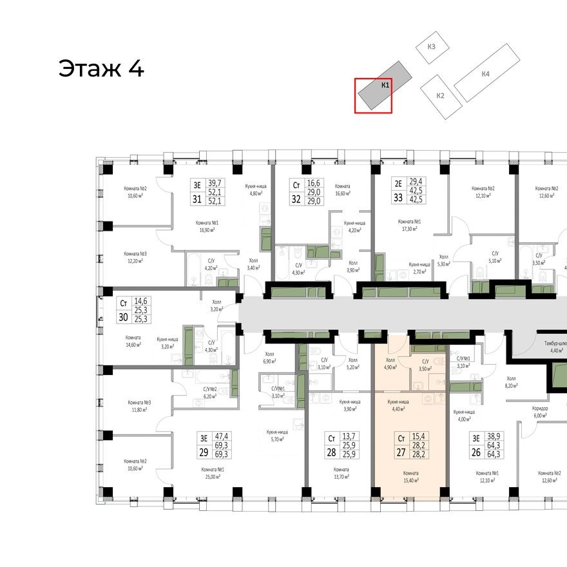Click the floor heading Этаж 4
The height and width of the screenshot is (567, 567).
point(101,68)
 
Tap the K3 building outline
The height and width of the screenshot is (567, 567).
point(431,47)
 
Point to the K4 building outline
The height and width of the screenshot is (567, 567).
point(486,74)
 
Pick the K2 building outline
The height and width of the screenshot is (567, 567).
point(441,95)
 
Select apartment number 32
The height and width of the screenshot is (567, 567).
point(296,199)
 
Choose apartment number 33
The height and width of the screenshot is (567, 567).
point(398,198)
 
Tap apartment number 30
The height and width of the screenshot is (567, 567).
point(122,316)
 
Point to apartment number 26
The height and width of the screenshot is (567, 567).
point(476,452)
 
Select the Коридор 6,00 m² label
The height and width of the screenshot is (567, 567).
point(540,412)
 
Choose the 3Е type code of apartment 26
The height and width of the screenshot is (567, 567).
point(476,437)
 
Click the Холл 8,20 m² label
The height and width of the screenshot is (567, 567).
point(512,382)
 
